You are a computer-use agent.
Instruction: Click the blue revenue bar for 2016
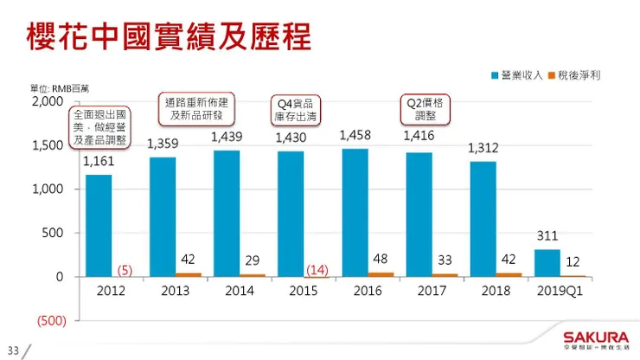(355, 212)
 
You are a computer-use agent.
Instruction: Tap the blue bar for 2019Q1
(547, 263)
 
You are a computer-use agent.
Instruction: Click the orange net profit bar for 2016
(381, 274)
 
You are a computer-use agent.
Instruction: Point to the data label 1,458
(355, 135)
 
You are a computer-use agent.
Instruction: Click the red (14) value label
(317, 270)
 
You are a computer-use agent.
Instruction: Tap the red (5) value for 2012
(125, 270)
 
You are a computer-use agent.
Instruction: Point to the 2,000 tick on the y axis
(48, 101)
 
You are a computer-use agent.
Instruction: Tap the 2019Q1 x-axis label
(560, 291)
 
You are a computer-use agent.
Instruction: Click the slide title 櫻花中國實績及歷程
(169, 36)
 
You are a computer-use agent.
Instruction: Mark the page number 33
(12, 351)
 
